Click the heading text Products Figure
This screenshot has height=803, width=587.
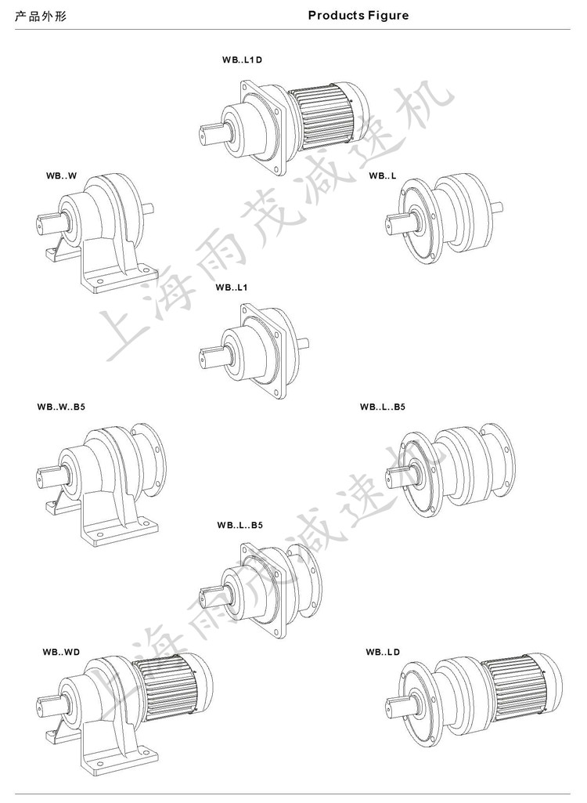click(358, 16)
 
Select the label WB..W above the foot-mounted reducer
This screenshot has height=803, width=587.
click(61, 175)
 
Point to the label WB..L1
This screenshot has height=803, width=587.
click(232, 288)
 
